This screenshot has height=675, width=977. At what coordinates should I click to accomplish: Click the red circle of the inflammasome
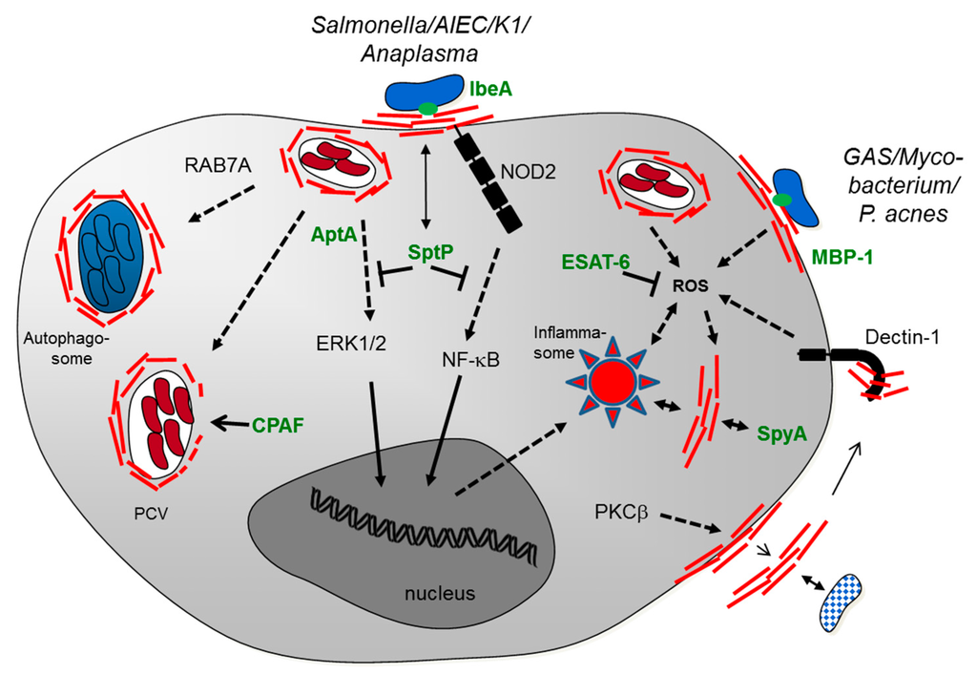tap(611, 384)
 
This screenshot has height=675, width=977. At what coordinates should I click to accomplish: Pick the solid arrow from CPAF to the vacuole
tap(231, 421)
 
